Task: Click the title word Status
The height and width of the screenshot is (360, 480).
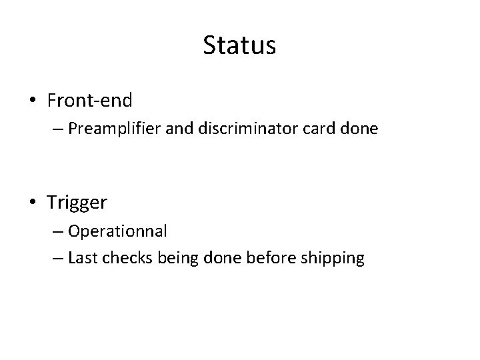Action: (x=239, y=46)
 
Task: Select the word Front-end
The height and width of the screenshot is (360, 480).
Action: (x=90, y=101)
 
